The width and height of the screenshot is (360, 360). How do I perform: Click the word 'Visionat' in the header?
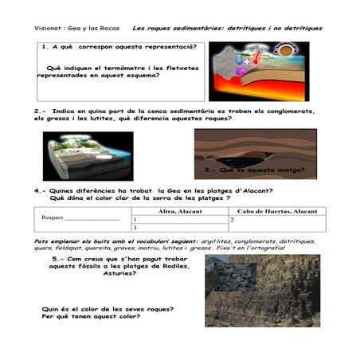(50, 27)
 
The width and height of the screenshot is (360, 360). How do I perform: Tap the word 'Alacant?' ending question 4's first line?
(255, 191)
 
